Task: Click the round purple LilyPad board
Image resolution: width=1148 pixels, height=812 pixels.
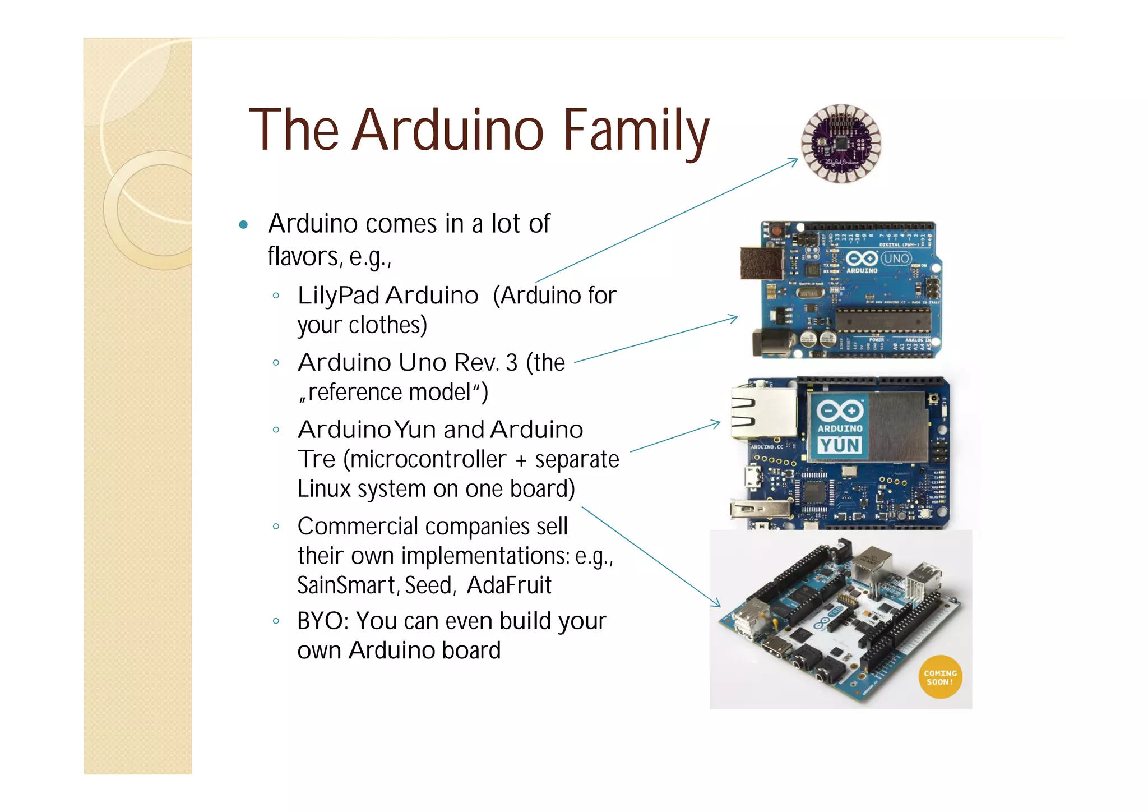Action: (841, 144)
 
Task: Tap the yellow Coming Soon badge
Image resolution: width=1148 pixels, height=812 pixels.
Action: (940, 677)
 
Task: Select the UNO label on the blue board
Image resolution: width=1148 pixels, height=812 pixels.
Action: (896, 259)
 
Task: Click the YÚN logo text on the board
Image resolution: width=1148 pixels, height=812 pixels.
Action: (839, 446)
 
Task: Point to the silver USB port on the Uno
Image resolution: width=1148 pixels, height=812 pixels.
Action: (761, 263)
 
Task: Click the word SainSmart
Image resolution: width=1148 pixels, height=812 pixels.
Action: (346, 585)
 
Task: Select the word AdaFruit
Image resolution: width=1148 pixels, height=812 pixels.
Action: (509, 585)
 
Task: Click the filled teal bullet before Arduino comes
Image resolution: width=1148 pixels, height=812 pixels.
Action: (243, 225)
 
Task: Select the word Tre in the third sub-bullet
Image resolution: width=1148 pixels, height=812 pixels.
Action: (316, 459)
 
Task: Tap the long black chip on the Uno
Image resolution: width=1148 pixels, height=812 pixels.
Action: (882, 320)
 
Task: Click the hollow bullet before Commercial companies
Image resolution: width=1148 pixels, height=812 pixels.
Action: (276, 527)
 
